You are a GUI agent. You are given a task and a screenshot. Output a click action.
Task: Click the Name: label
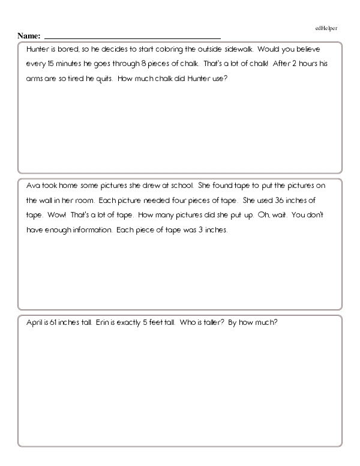(29, 36)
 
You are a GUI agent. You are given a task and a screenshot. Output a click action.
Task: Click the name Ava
(33, 187)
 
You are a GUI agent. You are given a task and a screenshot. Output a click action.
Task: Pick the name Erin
(102, 322)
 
